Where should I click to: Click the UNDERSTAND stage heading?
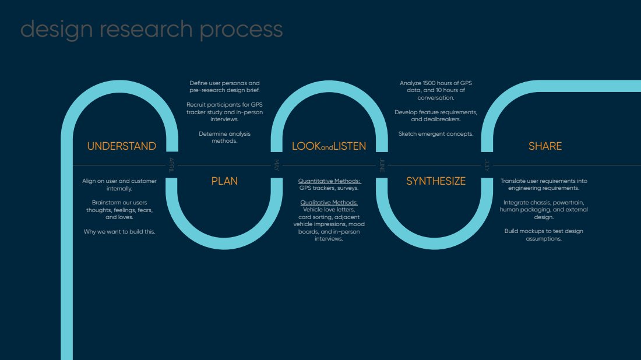coord(121,146)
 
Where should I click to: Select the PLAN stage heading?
coord(224,181)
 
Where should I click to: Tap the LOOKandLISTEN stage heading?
coord(329,146)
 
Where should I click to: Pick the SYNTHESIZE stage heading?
coord(436,181)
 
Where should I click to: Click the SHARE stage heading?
coord(545,146)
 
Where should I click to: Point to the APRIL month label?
coord(171,165)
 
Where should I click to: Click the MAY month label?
coord(276,165)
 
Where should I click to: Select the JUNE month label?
coord(382,165)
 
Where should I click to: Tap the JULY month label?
coord(487,165)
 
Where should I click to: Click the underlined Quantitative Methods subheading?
coord(329,181)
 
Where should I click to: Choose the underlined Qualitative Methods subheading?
coord(329,203)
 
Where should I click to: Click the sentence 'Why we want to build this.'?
coord(119,231)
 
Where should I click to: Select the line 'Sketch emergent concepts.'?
coord(436,133)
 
